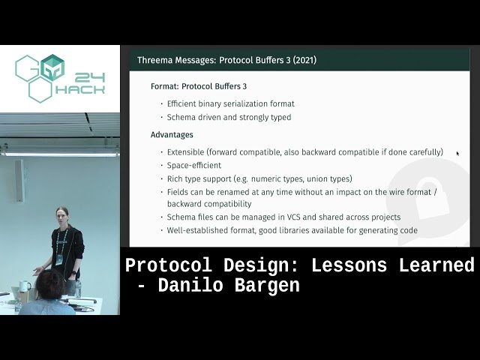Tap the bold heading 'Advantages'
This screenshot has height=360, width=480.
pyautogui.click(x=172, y=135)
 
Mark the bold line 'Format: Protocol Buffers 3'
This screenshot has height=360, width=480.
pyautogui.click(x=199, y=86)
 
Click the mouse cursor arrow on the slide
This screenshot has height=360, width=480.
pyautogui.click(x=457, y=154)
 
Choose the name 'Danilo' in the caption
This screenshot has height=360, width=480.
pyautogui.click(x=184, y=286)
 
